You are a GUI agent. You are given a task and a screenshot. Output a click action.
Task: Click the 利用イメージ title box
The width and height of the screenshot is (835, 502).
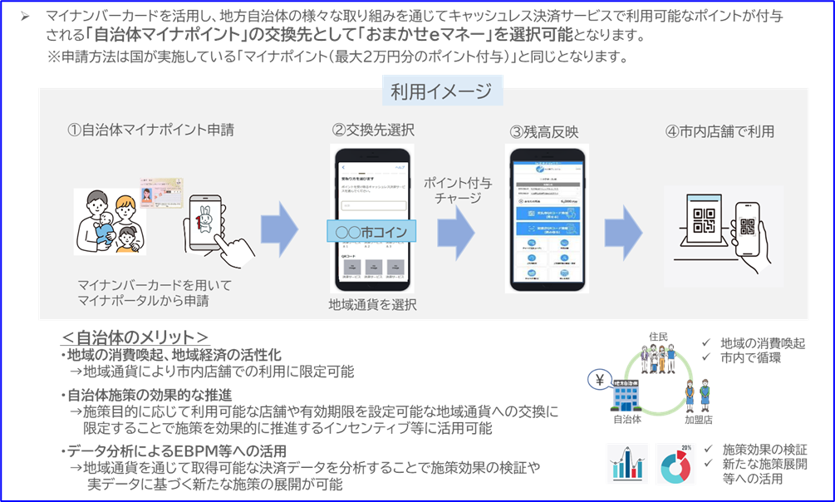[441, 91]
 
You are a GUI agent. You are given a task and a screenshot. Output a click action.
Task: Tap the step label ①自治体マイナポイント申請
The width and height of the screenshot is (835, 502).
[150, 130]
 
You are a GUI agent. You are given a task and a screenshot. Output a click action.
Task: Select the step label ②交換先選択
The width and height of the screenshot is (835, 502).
[373, 130]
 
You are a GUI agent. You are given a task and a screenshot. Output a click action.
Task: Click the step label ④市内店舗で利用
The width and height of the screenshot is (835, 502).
[720, 131]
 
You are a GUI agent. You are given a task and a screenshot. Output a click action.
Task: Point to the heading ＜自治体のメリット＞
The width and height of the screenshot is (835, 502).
[134, 337]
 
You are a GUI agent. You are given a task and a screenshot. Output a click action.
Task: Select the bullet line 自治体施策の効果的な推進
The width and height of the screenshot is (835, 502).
[150, 394]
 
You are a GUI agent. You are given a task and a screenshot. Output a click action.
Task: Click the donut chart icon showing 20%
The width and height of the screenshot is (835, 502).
[675, 464]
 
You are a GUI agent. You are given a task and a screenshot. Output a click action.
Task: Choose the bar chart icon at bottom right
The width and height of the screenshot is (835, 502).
[628, 464]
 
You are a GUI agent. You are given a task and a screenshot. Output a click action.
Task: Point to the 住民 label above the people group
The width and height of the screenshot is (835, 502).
[658, 336]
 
